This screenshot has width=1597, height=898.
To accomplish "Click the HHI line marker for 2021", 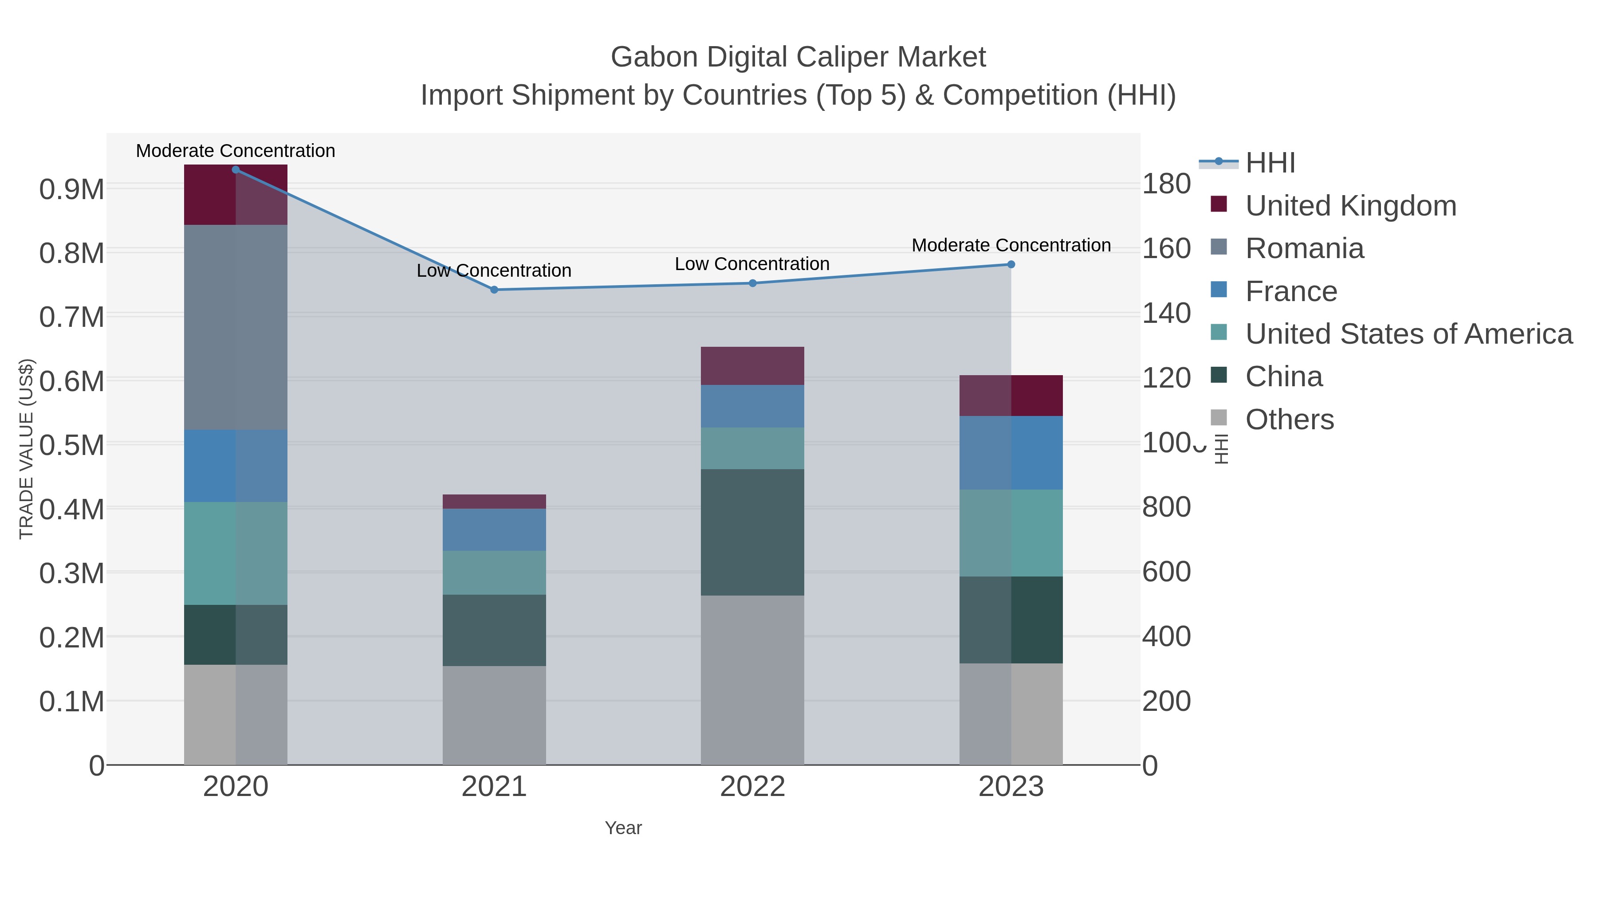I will click(494, 290).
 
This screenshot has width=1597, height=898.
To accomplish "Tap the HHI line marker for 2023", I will click(1011, 265).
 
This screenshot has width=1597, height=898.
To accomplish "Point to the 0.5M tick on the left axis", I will click(71, 445).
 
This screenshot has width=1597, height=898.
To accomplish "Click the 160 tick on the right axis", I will click(1166, 248).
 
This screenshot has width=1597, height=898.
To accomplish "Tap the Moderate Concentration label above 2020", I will click(236, 151).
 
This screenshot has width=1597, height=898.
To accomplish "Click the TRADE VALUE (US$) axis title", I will click(26, 449).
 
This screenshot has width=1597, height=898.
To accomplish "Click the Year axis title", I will click(623, 828).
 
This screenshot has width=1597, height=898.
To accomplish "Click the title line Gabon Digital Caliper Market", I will click(798, 58).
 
